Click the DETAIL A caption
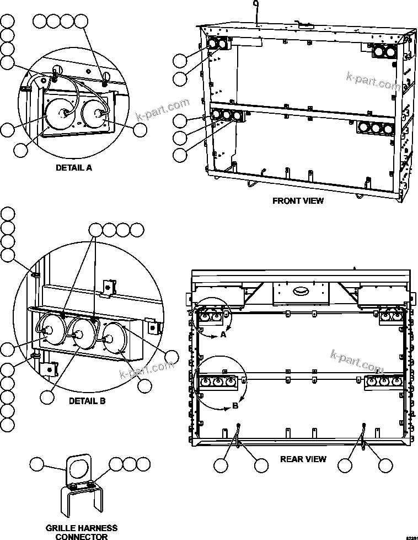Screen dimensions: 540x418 (73, 168)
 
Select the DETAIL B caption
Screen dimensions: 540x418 (87, 401)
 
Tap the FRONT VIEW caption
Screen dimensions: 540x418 (298, 201)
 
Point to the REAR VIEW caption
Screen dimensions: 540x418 (303, 459)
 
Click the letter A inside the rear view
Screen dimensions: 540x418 (223, 335)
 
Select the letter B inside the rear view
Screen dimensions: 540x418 (235, 405)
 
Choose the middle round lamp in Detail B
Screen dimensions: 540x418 (78, 335)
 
